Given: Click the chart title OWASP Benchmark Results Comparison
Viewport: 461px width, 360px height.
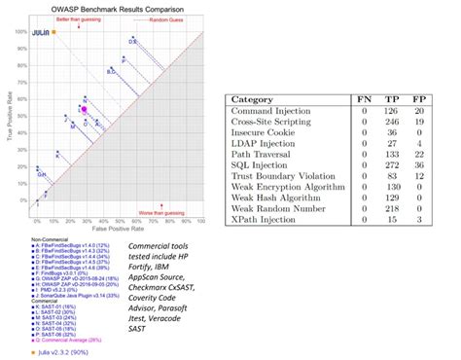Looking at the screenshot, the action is click(x=110, y=9).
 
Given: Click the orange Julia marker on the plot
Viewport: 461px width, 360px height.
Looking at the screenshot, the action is click(x=53, y=32).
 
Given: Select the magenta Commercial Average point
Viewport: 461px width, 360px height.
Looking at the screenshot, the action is click(x=84, y=111).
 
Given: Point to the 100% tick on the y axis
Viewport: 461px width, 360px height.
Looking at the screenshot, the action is click(x=20, y=30).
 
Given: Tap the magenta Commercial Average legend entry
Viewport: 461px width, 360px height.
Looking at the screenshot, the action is click(x=58, y=342).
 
